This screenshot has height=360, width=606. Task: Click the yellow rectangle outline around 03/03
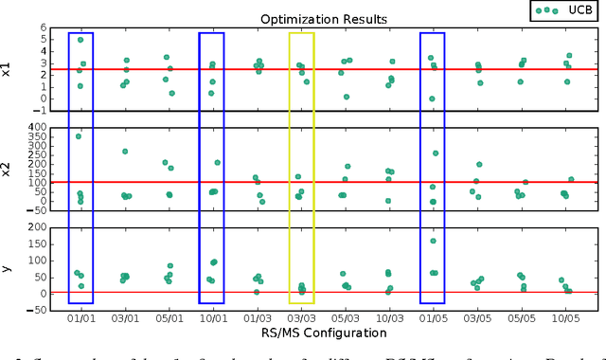301,33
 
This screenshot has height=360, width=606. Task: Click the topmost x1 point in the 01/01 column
80,40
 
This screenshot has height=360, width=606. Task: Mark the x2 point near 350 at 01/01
79,136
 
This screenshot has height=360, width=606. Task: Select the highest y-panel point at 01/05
433,241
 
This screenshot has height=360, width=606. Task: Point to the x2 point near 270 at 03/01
124,152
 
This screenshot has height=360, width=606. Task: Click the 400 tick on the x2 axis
56,126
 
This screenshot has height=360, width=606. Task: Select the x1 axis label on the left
9,69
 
